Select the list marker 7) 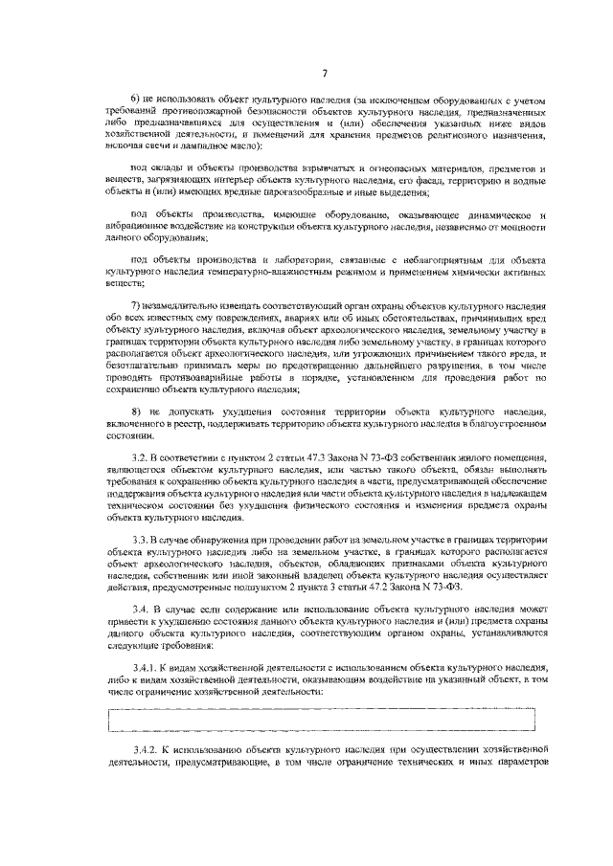136,303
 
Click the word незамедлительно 181,303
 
